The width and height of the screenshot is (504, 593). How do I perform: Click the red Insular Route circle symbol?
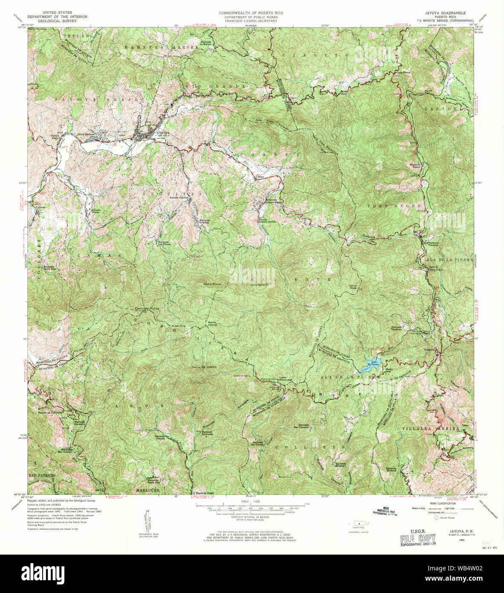[436, 517]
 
